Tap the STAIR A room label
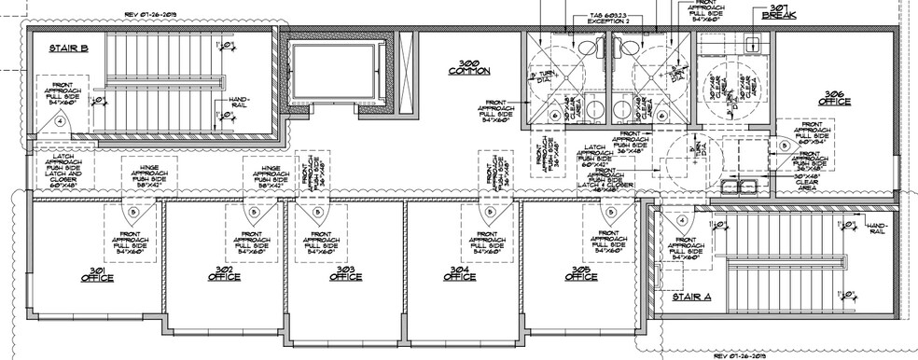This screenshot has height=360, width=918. [691, 298]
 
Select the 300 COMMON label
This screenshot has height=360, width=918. [468, 66]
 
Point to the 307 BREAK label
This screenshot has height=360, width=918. [779, 11]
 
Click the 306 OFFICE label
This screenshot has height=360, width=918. [834, 97]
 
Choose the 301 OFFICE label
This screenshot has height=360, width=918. [96, 275]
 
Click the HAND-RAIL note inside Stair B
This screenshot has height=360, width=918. [238, 102]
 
